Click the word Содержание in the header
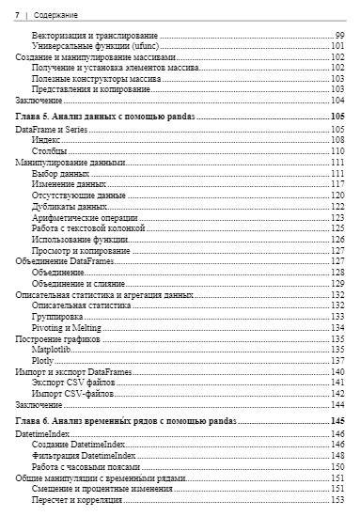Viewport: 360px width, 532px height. tap(55, 17)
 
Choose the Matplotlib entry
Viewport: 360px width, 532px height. tap(52, 349)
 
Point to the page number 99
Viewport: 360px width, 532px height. tap(338, 35)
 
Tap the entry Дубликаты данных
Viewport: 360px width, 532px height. tap(69, 206)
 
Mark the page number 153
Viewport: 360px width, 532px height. tap(337, 500)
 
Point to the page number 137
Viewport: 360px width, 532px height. tap(337, 360)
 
